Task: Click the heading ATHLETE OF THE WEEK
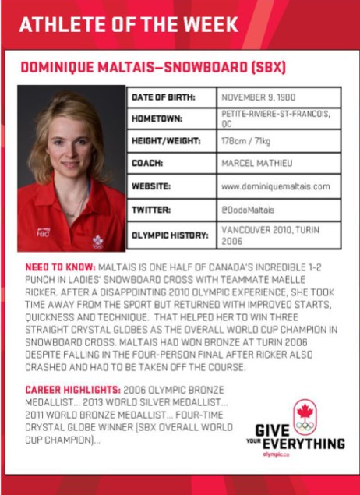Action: (x=128, y=25)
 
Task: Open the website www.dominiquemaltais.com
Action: (x=276, y=187)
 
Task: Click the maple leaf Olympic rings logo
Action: (x=305, y=416)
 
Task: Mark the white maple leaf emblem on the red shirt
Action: (x=97, y=241)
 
